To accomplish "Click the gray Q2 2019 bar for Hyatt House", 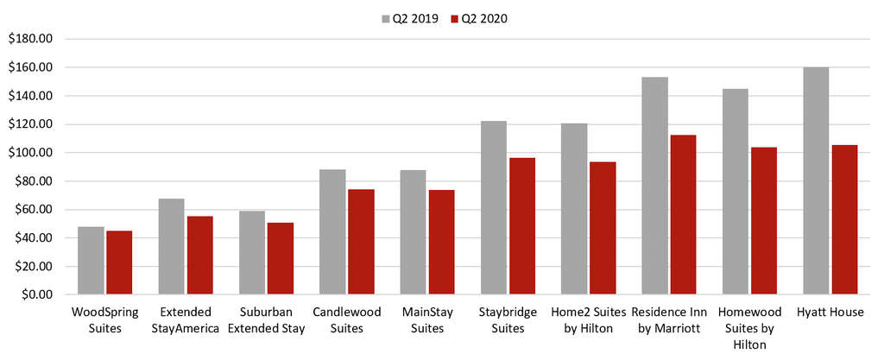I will (x=816, y=181).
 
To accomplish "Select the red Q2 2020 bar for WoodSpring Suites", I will (x=118, y=262).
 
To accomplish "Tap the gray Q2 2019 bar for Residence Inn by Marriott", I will (x=654, y=186).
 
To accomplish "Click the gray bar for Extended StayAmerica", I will (x=171, y=247).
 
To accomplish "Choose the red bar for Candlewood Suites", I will (x=360, y=242).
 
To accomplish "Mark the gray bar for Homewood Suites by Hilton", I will (x=736, y=192).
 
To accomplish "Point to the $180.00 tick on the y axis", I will (x=31, y=39).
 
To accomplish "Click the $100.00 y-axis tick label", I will (x=31, y=153).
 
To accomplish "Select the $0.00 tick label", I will (x=35, y=294).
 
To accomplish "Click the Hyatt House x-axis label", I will (x=830, y=312).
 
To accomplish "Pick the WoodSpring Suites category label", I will (x=104, y=319).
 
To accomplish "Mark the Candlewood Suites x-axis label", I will (x=346, y=319).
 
